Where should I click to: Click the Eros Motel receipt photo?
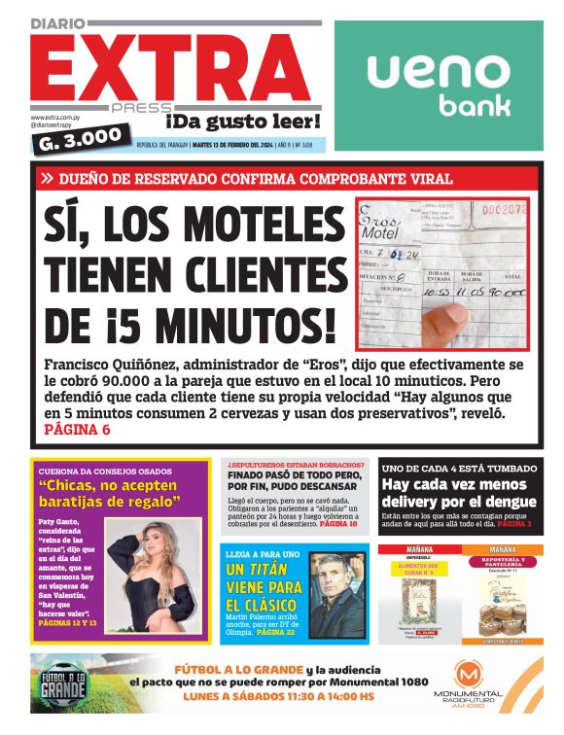click(442, 275)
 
